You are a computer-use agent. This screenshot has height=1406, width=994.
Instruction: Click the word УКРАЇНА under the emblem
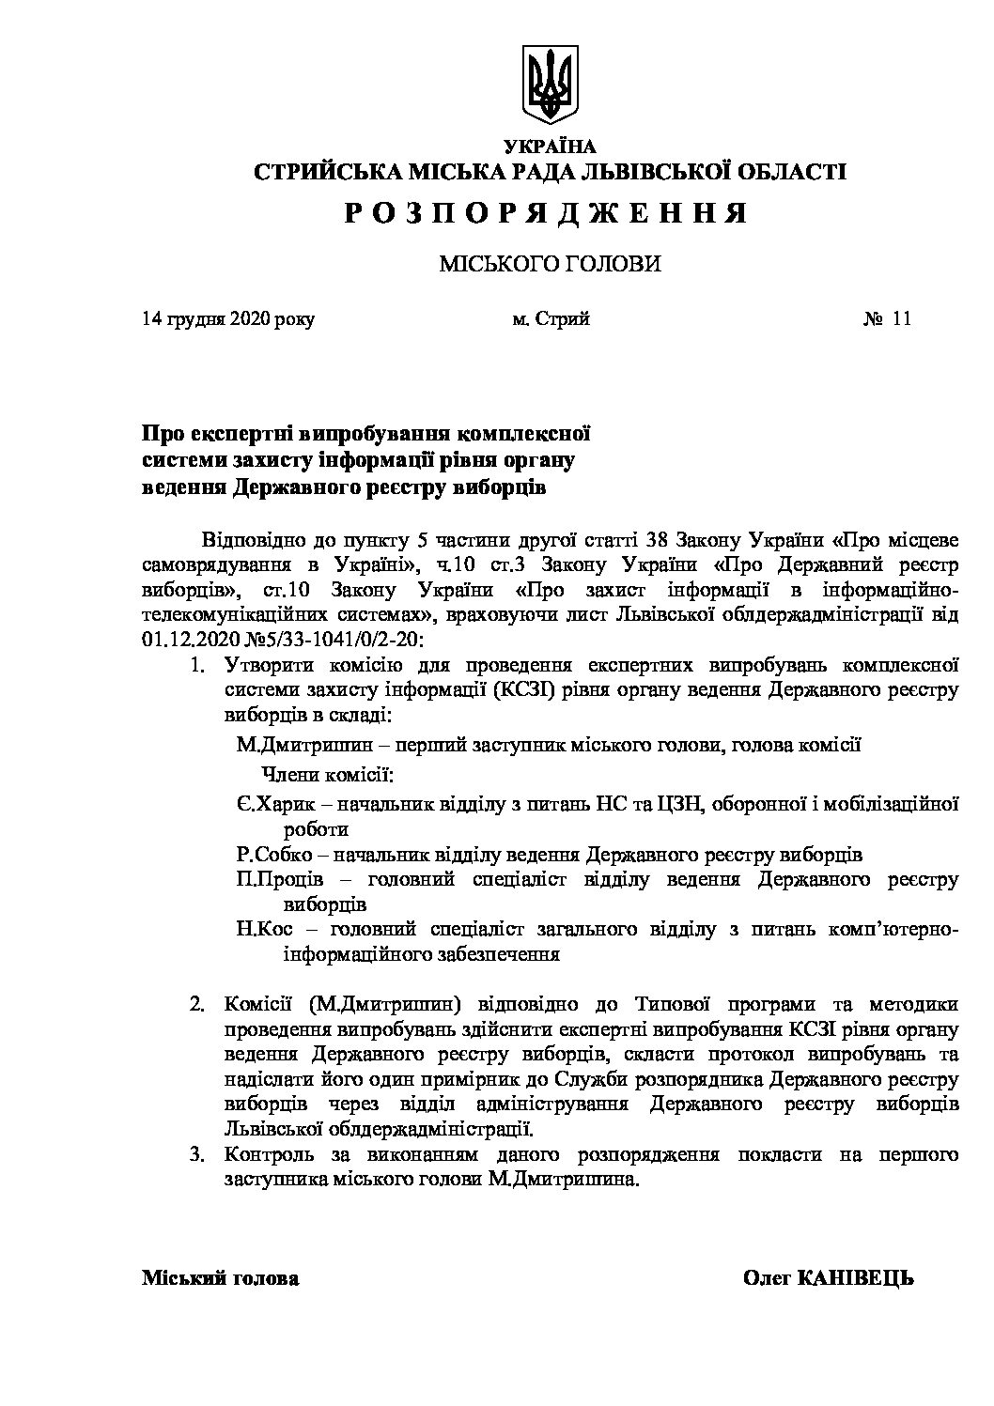550,147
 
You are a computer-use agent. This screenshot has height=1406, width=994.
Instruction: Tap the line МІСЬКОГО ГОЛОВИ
550,264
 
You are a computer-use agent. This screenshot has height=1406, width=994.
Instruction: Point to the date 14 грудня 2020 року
228,319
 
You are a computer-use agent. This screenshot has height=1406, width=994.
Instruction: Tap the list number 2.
195,1004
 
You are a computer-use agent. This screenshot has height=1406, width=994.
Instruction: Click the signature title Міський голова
220,1278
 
